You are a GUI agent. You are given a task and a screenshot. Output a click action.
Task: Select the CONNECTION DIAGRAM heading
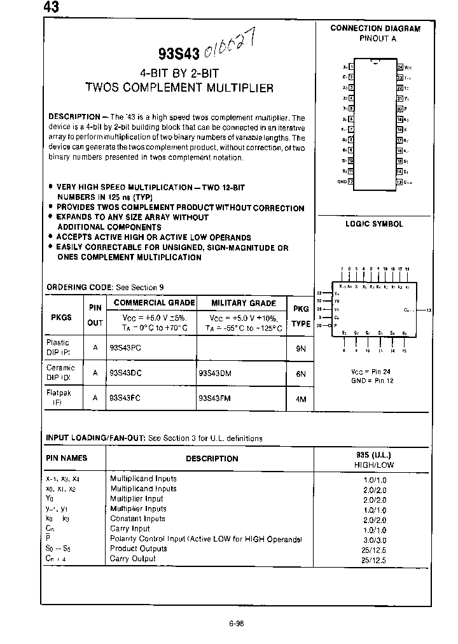coord(375,29)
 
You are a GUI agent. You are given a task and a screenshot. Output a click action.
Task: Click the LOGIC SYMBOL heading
coord(374,224)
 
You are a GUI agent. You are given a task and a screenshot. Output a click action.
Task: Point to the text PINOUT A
coord(375,38)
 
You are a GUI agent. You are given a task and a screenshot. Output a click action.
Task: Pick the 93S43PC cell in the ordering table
coord(125,348)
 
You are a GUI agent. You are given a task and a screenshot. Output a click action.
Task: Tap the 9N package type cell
coord(301,349)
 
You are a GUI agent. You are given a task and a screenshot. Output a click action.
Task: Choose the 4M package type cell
coord(301,399)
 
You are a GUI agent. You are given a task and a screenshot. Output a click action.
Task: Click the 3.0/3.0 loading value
coord(374,539)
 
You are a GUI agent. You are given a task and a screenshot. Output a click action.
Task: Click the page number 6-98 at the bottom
coord(236,624)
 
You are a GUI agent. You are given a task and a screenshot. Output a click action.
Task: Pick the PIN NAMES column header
coord(66,458)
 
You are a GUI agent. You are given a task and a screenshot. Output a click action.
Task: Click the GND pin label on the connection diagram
coord(342,182)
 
